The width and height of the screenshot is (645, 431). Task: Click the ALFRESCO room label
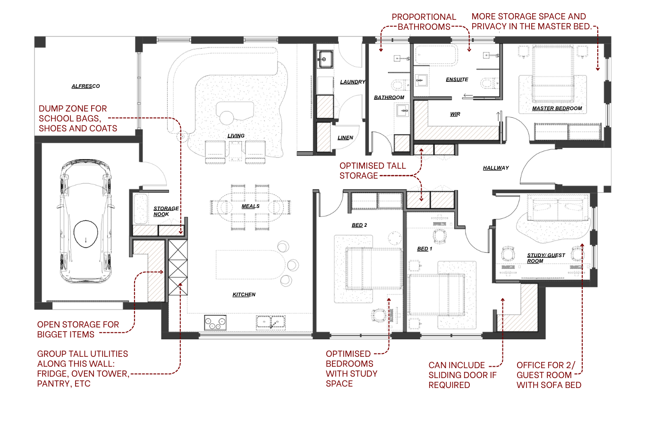pos(85,86)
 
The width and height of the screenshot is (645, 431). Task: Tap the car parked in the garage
pos(85,221)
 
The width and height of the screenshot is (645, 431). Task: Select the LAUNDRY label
pos(352,82)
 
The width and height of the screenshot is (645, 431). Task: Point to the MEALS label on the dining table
pos(250,206)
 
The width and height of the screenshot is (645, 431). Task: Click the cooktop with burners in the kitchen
pos(215,323)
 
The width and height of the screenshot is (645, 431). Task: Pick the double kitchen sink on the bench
pos(271,322)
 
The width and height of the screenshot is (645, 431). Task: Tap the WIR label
pos(455,114)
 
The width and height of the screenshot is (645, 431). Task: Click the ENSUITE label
pos(457,79)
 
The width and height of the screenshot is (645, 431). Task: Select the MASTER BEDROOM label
pos(557,108)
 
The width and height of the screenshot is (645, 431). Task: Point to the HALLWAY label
pos(496,168)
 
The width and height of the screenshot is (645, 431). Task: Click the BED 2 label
pos(359,225)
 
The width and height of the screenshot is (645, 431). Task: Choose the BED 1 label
pos(424,249)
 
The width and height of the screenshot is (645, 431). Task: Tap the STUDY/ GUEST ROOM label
pos(545,258)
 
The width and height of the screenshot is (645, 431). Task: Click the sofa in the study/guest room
pos(559,209)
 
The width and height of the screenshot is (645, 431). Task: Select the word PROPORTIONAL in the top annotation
pos(424,17)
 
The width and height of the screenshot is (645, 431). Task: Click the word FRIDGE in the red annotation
pos(52,374)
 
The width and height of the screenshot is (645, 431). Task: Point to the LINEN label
pos(345,138)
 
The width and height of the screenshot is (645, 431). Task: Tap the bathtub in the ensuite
pos(436,55)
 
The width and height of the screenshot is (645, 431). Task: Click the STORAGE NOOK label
pos(165,211)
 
